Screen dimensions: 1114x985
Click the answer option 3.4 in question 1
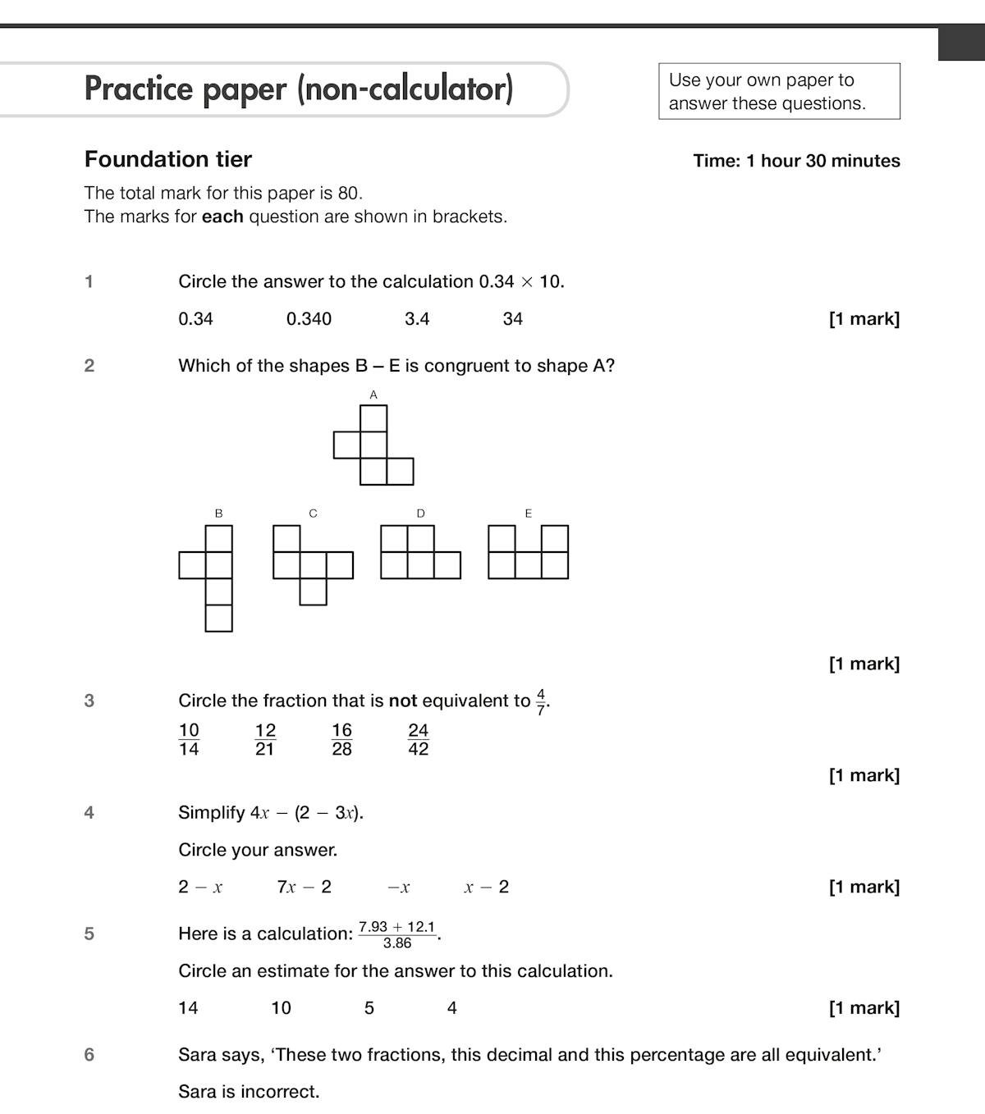point(417,319)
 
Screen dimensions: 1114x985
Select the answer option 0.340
point(309,319)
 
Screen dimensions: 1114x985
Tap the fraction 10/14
point(189,739)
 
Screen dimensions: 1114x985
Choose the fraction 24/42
point(419,739)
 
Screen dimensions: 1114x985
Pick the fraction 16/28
point(341,739)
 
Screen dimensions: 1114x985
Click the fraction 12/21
point(265,739)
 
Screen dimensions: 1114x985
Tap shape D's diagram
point(420,552)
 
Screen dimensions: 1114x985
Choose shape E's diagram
point(528,552)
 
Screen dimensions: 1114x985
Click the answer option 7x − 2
point(305,887)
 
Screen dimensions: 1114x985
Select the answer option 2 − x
point(200,887)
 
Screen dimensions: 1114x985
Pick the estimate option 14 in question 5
point(188,1008)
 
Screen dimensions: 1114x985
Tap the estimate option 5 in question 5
point(369,1008)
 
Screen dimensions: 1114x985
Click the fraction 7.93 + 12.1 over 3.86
point(397,934)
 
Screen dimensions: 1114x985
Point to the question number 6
point(89,1055)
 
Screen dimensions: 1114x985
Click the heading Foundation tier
point(168,159)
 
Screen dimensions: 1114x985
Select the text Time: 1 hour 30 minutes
point(796,161)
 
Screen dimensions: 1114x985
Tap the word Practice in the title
point(140,89)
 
